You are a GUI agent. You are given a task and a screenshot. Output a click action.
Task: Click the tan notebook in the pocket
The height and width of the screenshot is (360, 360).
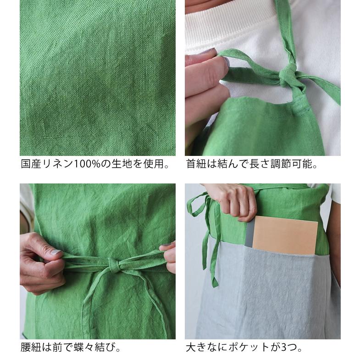(285, 235)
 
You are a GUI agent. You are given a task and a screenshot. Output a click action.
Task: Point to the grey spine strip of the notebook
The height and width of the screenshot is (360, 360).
(249, 233)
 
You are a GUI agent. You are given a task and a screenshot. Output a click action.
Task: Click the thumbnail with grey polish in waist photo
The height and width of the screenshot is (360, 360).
(55, 252)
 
